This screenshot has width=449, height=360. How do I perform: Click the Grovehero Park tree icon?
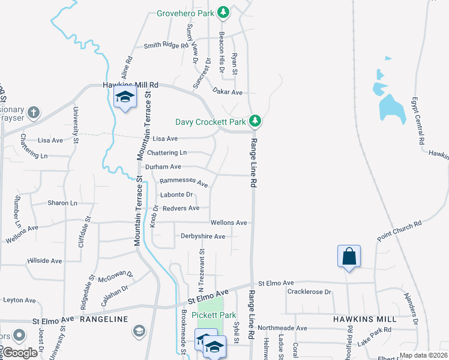tap(223, 11)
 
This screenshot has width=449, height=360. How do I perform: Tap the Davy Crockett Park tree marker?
tap(255, 121)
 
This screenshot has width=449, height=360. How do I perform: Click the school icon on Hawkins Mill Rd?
tap(125, 98)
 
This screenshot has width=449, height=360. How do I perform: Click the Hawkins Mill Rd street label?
tap(130, 85)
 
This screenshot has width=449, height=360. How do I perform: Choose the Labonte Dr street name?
tap(176, 194)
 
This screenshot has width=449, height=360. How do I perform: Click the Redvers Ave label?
tap(181, 208)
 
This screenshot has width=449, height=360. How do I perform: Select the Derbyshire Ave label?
tap(203, 236)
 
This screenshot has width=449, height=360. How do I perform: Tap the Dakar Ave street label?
tap(227, 92)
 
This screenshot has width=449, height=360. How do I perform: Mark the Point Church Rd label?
tap(399, 231)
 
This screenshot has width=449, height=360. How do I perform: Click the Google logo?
tap(20, 353)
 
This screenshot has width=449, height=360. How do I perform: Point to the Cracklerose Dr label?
tap(309, 292)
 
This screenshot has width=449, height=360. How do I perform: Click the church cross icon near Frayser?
tap(34, 112)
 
